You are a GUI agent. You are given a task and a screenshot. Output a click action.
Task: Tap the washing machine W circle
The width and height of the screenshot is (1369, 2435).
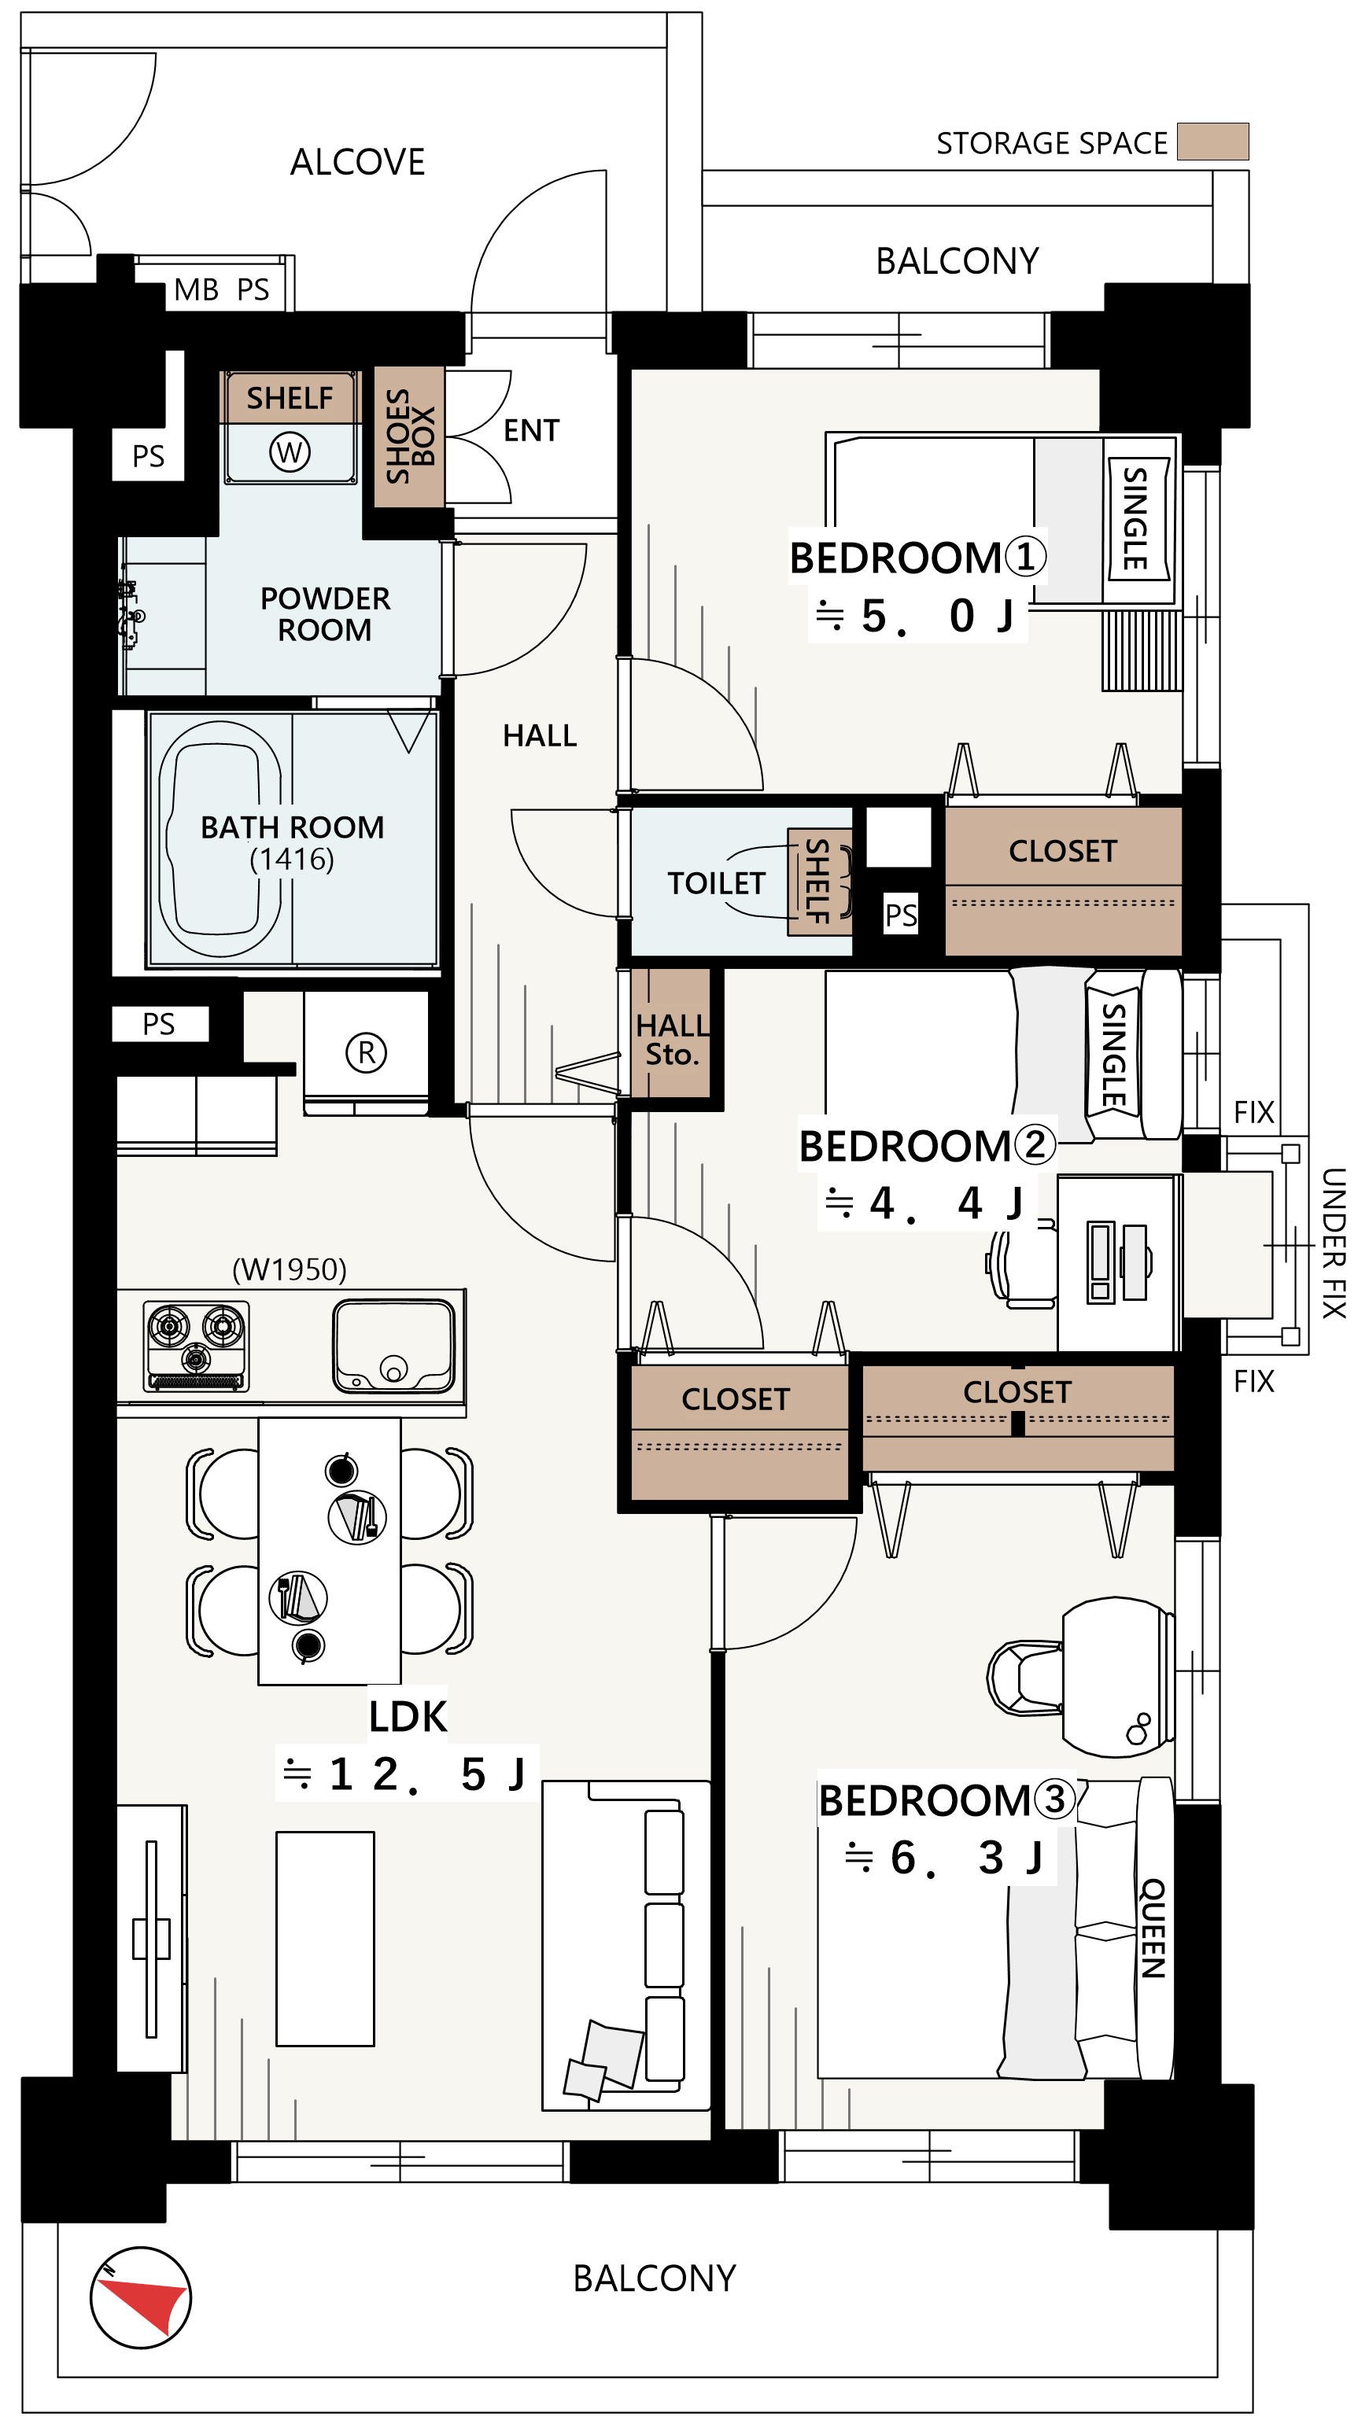290,451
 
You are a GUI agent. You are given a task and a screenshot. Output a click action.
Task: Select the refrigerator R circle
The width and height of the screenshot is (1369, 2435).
366,1052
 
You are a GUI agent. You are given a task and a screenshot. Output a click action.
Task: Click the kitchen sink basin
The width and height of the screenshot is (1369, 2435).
393,1346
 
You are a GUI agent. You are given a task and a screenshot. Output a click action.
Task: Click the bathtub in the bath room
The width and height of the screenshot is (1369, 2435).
220,839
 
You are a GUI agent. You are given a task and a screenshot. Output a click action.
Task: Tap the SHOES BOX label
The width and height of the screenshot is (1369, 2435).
409,436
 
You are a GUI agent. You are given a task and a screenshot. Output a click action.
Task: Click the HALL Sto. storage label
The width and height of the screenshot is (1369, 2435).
672,1039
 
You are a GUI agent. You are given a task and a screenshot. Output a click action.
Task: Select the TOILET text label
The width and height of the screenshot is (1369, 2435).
716,883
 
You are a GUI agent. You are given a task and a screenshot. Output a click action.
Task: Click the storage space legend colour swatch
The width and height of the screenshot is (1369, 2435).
1213,141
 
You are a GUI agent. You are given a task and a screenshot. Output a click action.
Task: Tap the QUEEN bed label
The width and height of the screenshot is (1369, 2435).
1153,1928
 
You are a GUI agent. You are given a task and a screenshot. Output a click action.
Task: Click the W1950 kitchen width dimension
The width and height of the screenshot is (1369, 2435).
290,1269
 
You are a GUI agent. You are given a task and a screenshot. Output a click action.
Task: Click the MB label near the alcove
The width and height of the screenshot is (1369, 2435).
197,289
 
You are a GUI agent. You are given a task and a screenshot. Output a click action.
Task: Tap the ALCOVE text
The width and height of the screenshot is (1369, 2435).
357,162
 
